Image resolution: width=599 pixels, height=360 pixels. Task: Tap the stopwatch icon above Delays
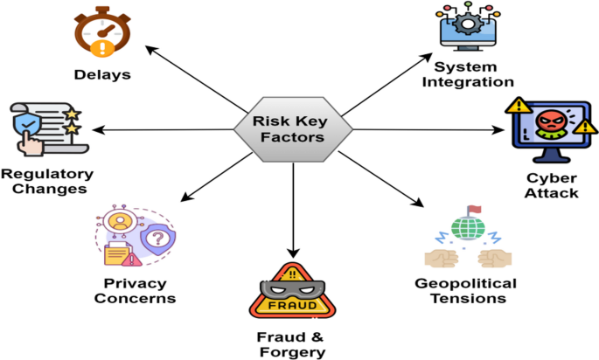point(101,33)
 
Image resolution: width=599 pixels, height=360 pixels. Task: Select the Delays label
point(102,75)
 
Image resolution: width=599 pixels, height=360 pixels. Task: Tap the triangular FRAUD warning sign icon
point(293,293)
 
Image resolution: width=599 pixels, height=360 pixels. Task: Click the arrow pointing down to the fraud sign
point(293,201)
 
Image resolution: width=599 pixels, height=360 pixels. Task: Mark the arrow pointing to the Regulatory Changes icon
point(166,130)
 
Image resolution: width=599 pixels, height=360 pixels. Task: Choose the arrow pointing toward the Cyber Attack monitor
point(428,130)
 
